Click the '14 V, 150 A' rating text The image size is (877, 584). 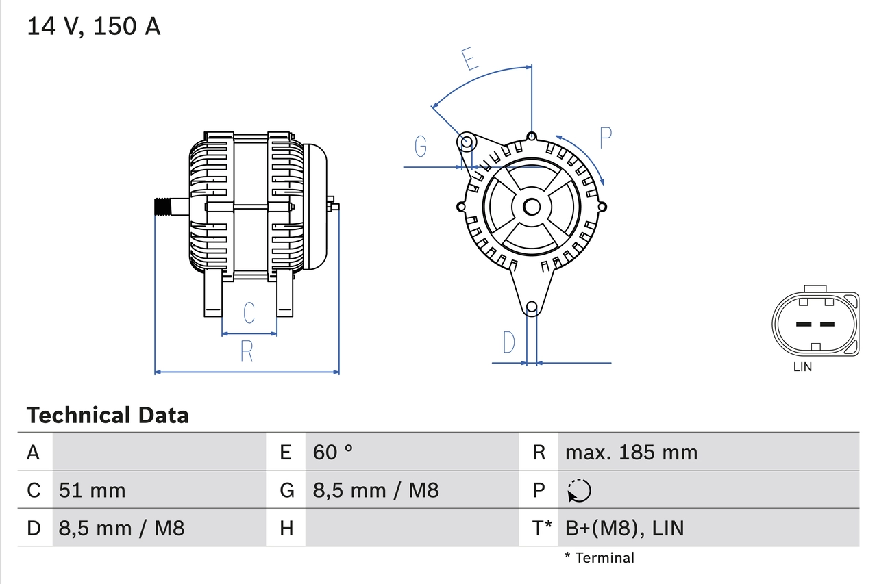[x=94, y=27]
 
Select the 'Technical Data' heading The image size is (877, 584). [x=108, y=415]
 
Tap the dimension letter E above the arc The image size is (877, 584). [x=469, y=59]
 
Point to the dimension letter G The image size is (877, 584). [x=421, y=146]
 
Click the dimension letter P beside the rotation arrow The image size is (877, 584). [x=605, y=138]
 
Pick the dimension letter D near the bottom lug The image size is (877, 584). [x=508, y=342]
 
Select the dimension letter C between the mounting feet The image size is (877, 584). [x=249, y=312]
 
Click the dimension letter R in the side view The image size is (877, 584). [x=247, y=351]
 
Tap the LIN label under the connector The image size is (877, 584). [x=802, y=367]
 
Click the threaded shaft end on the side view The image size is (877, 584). [x=161, y=206]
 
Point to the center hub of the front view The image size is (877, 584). [x=532, y=206]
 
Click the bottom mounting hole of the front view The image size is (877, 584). [x=532, y=307]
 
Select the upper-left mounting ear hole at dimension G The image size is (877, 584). [x=466, y=143]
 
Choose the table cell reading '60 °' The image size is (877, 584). [x=333, y=452]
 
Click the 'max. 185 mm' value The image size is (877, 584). [x=631, y=452]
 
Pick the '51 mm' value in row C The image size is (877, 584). [x=92, y=490]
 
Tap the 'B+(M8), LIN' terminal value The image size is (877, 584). [x=624, y=528]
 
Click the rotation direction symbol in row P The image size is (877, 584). [x=579, y=490]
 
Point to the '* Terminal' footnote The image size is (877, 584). [x=600, y=558]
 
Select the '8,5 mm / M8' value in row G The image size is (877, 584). [x=375, y=490]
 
